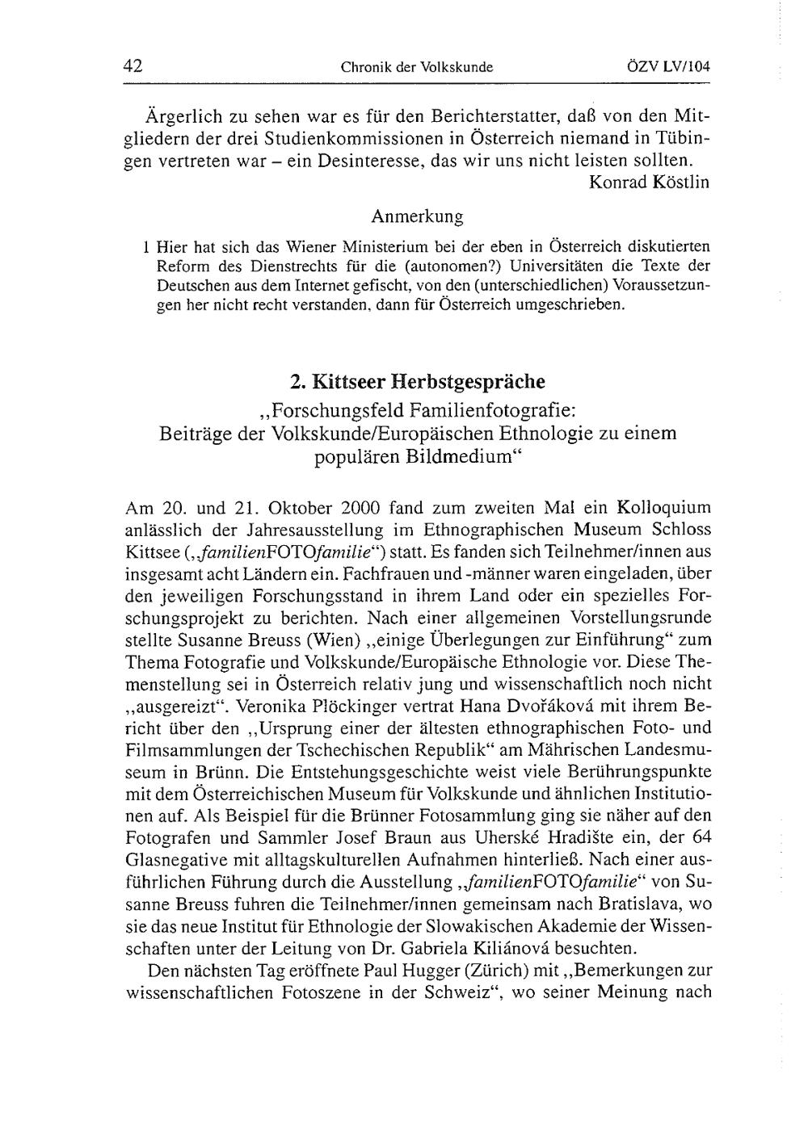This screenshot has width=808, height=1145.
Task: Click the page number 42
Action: [133, 67]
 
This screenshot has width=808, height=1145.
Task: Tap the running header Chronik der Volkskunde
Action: [417, 68]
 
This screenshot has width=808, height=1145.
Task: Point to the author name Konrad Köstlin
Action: [649, 182]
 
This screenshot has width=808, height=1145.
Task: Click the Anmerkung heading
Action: [417, 216]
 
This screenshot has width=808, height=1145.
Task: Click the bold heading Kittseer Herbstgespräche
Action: [428, 381]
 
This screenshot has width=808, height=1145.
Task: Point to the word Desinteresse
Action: [360, 160]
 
